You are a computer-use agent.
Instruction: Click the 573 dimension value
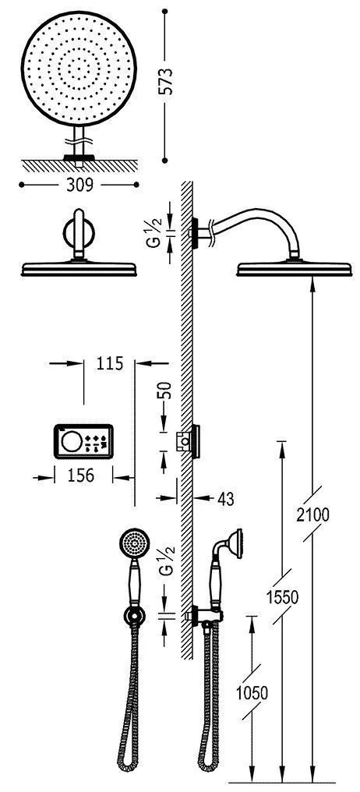coord(166,81)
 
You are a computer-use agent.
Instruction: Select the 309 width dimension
coord(79,186)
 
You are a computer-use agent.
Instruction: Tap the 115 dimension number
coord(108,363)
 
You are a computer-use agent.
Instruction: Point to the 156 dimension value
coord(80,476)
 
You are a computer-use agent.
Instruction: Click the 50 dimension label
coord(166,391)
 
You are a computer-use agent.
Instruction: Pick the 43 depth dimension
coord(226,499)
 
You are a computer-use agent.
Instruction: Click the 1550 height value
coord(282,596)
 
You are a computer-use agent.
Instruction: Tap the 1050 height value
coord(252,692)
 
